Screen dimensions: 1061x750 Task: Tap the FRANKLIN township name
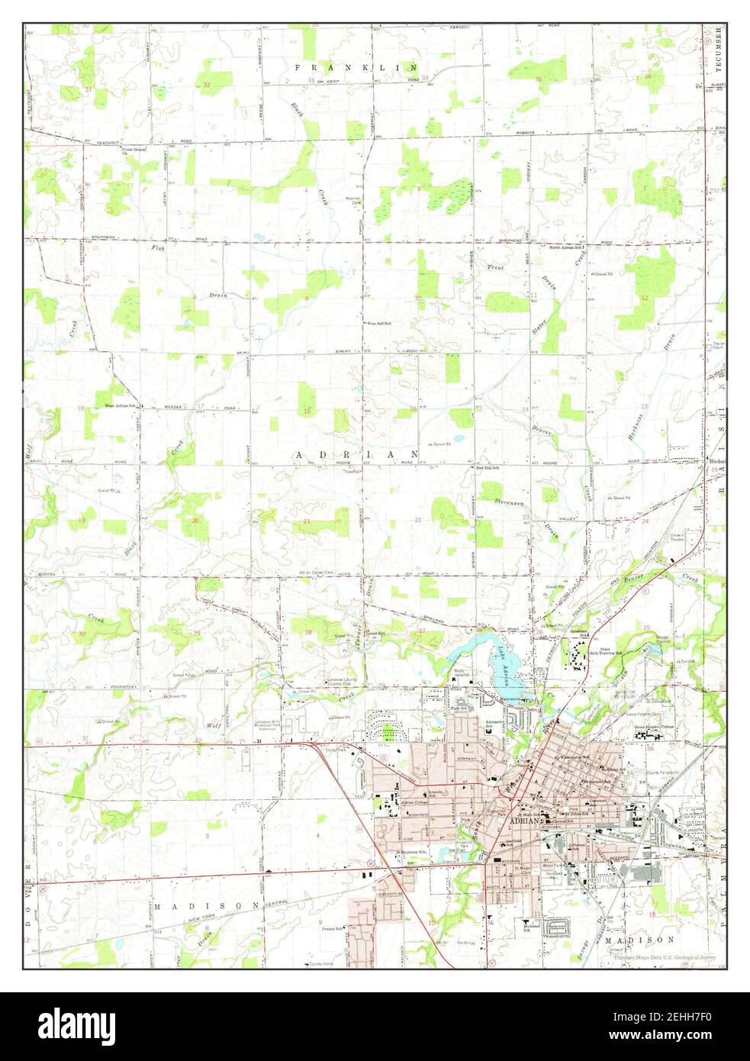[357, 68]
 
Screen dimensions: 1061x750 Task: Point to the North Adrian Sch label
[566, 247]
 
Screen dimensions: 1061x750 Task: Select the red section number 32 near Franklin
[207, 84]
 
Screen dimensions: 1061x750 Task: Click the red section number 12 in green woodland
[645, 298]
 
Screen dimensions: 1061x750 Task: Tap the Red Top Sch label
[487, 467]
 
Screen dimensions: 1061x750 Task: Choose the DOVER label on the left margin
[27, 908]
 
